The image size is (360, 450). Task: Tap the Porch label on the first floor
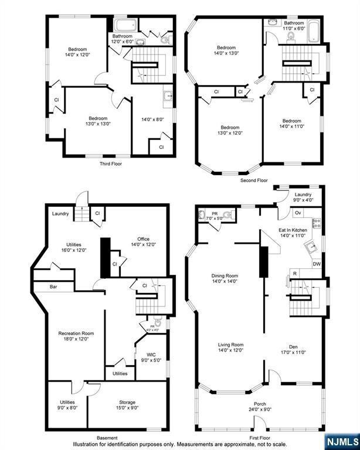[x=260, y=404]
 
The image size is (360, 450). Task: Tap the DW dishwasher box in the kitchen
[x=317, y=264]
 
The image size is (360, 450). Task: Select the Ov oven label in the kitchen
[x=298, y=212]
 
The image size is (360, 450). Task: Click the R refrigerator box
[x=295, y=274]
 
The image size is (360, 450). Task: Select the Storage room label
[x=127, y=403]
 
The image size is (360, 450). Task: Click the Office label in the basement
[x=143, y=238]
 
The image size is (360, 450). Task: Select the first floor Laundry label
[x=303, y=195]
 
